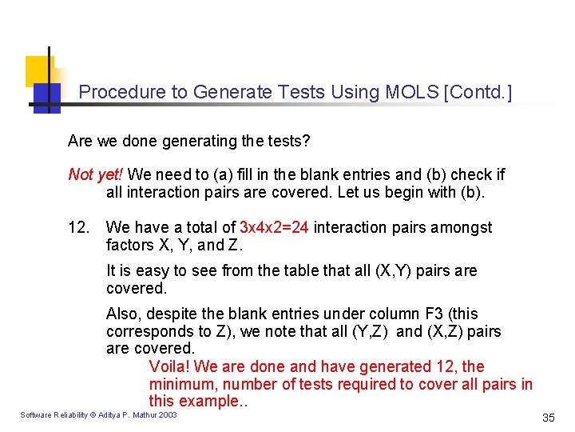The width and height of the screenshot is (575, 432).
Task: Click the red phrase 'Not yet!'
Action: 96,174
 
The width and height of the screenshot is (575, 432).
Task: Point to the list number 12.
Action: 79,228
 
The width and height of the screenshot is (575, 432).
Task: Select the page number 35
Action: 548,418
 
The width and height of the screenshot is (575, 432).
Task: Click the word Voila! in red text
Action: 169,366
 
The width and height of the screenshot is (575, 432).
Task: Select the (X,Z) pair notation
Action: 446,331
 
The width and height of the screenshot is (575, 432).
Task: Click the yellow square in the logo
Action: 38,70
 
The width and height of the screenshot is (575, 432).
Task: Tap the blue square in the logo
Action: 46,97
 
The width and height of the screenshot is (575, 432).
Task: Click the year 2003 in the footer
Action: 168,414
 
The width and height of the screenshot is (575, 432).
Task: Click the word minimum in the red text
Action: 178,384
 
